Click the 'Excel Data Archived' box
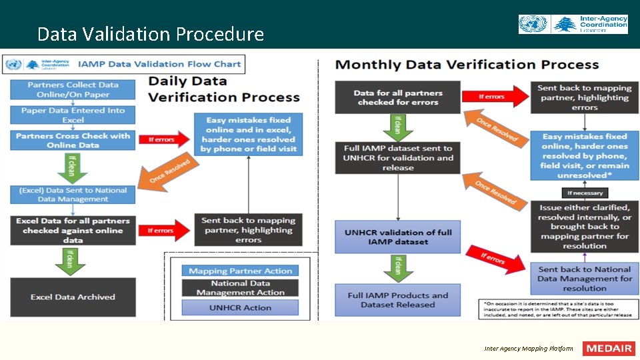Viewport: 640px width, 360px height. pos(73,297)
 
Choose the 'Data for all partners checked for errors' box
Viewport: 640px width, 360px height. pos(397,98)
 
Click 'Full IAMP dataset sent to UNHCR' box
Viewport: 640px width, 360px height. pos(397,158)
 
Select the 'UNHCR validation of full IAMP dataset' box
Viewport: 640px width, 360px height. pos(397,237)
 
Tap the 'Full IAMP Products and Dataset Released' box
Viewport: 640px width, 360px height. pos(397,300)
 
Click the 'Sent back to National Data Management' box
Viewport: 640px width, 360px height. pos(584,279)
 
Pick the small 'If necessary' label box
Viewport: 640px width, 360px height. pos(584,193)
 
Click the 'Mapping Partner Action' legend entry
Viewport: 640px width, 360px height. pos(240,271)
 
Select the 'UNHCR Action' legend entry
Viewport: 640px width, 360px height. pos(240,308)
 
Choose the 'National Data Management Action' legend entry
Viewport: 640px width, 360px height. pos(240,288)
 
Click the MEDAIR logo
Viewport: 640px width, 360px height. pos(609,349)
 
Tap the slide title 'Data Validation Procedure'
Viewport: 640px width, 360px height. pos(151,34)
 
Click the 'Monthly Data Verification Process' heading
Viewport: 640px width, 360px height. pos(467,65)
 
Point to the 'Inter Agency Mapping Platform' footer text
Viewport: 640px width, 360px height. pos(529,349)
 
